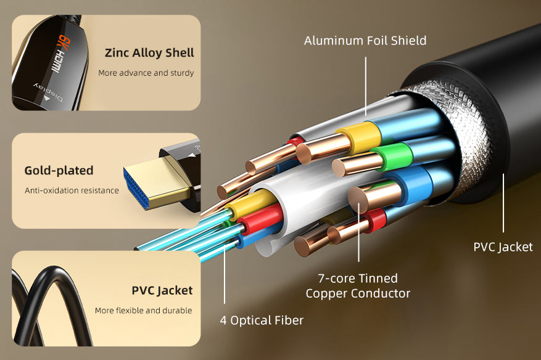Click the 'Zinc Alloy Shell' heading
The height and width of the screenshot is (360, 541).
[x=149, y=52]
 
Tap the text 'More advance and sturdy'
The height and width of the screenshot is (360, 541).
[x=146, y=73]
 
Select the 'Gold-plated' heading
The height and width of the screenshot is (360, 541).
[x=59, y=170]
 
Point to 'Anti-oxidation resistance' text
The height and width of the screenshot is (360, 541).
[x=72, y=190]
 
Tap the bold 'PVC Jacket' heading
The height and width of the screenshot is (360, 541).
[x=162, y=290]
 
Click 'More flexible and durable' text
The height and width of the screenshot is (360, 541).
[x=143, y=311]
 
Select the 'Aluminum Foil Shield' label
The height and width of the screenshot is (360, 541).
[x=365, y=41]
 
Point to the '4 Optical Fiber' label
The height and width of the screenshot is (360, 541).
[x=262, y=321]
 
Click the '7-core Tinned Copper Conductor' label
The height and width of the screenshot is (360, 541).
[x=358, y=286]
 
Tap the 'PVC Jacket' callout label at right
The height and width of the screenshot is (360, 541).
[x=503, y=247]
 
